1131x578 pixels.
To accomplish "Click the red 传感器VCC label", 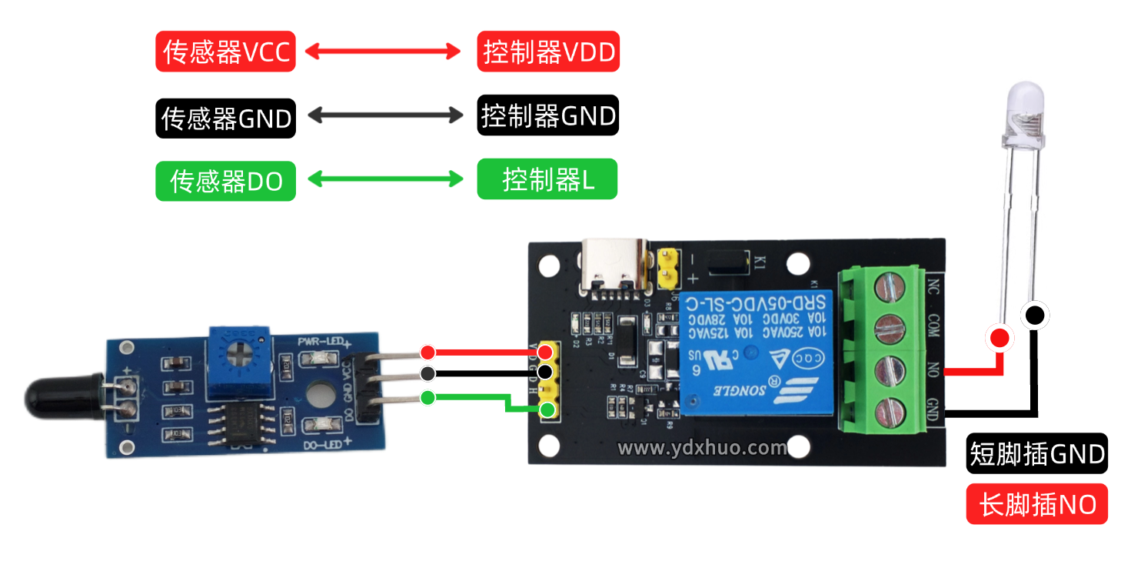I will (x=225, y=52).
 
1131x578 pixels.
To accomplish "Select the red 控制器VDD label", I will (x=547, y=52).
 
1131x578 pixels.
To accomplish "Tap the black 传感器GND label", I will (x=225, y=118).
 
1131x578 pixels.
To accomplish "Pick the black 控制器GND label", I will (x=547, y=115).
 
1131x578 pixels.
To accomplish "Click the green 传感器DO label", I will (x=225, y=181).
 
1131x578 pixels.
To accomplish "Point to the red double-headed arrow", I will (x=382, y=52).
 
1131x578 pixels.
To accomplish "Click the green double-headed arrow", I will (x=384, y=180).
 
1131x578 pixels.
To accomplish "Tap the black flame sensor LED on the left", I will (x=58, y=393).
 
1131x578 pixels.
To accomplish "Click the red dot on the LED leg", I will (x=1000, y=337).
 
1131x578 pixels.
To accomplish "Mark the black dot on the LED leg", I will (x=1034, y=314).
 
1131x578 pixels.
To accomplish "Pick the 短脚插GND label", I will (x=1036, y=454).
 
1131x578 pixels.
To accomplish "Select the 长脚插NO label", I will (x=1036, y=504).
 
